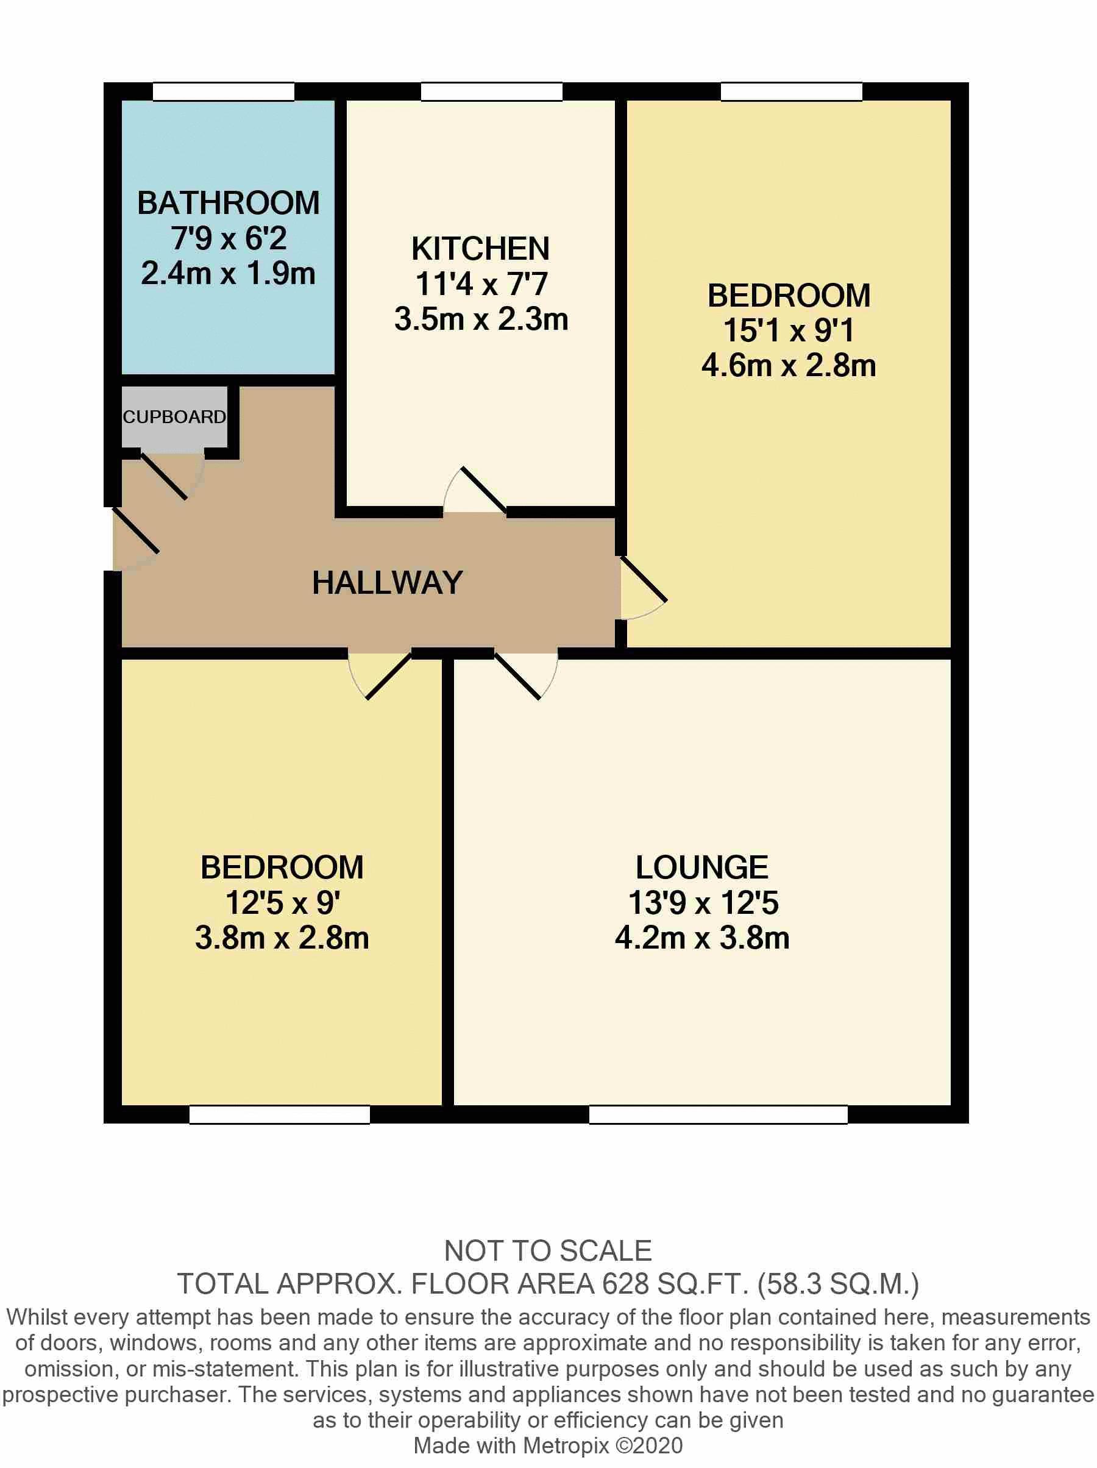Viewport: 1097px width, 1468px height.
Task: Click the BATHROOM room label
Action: pyautogui.click(x=228, y=203)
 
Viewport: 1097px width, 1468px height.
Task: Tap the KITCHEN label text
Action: pyautogui.click(x=480, y=249)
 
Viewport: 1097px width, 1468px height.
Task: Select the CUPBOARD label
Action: pyautogui.click(x=174, y=417)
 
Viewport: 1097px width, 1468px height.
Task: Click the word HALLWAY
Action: pyautogui.click(x=387, y=583)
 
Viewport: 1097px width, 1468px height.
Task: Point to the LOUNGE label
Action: pyautogui.click(x=701, y=868)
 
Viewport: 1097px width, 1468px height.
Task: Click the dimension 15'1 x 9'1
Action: pyautogui.click(x=788, y=330)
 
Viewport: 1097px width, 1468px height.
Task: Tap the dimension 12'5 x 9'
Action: pyautogui.click(x=282, y=903)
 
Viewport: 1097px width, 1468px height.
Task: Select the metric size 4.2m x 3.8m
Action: pyautogui.click(x=701, y=938)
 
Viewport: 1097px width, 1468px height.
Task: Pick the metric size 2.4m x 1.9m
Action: pyautogui.click(x=228, y=274)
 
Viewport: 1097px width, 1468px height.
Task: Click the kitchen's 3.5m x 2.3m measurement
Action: pyautogui.click(x=480, y=320)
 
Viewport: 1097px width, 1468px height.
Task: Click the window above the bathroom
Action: pyautogui.click(x=223, y=91)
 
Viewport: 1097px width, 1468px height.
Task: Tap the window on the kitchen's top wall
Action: pyautogui.click(x=491, y=91)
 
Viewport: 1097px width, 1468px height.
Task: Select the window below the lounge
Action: pyautogui.click(x=717, y=1114)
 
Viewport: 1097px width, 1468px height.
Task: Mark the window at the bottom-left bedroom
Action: pyautogui.click(x=279, y=1114)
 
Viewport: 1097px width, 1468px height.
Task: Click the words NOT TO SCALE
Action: pyautogui.click(x=547, y=1251)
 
